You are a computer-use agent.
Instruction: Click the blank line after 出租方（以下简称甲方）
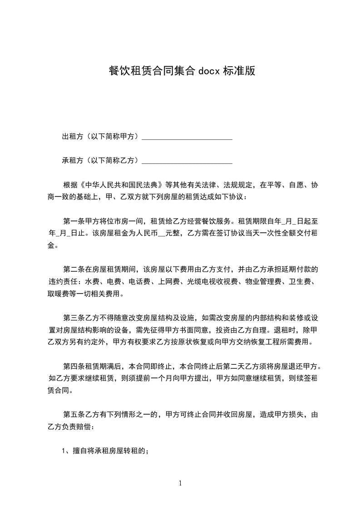[187, 137]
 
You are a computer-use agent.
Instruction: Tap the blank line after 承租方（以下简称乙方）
[187, 161]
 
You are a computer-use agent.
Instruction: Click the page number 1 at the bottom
[180, 483]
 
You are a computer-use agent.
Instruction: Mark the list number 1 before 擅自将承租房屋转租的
[64, 451]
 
